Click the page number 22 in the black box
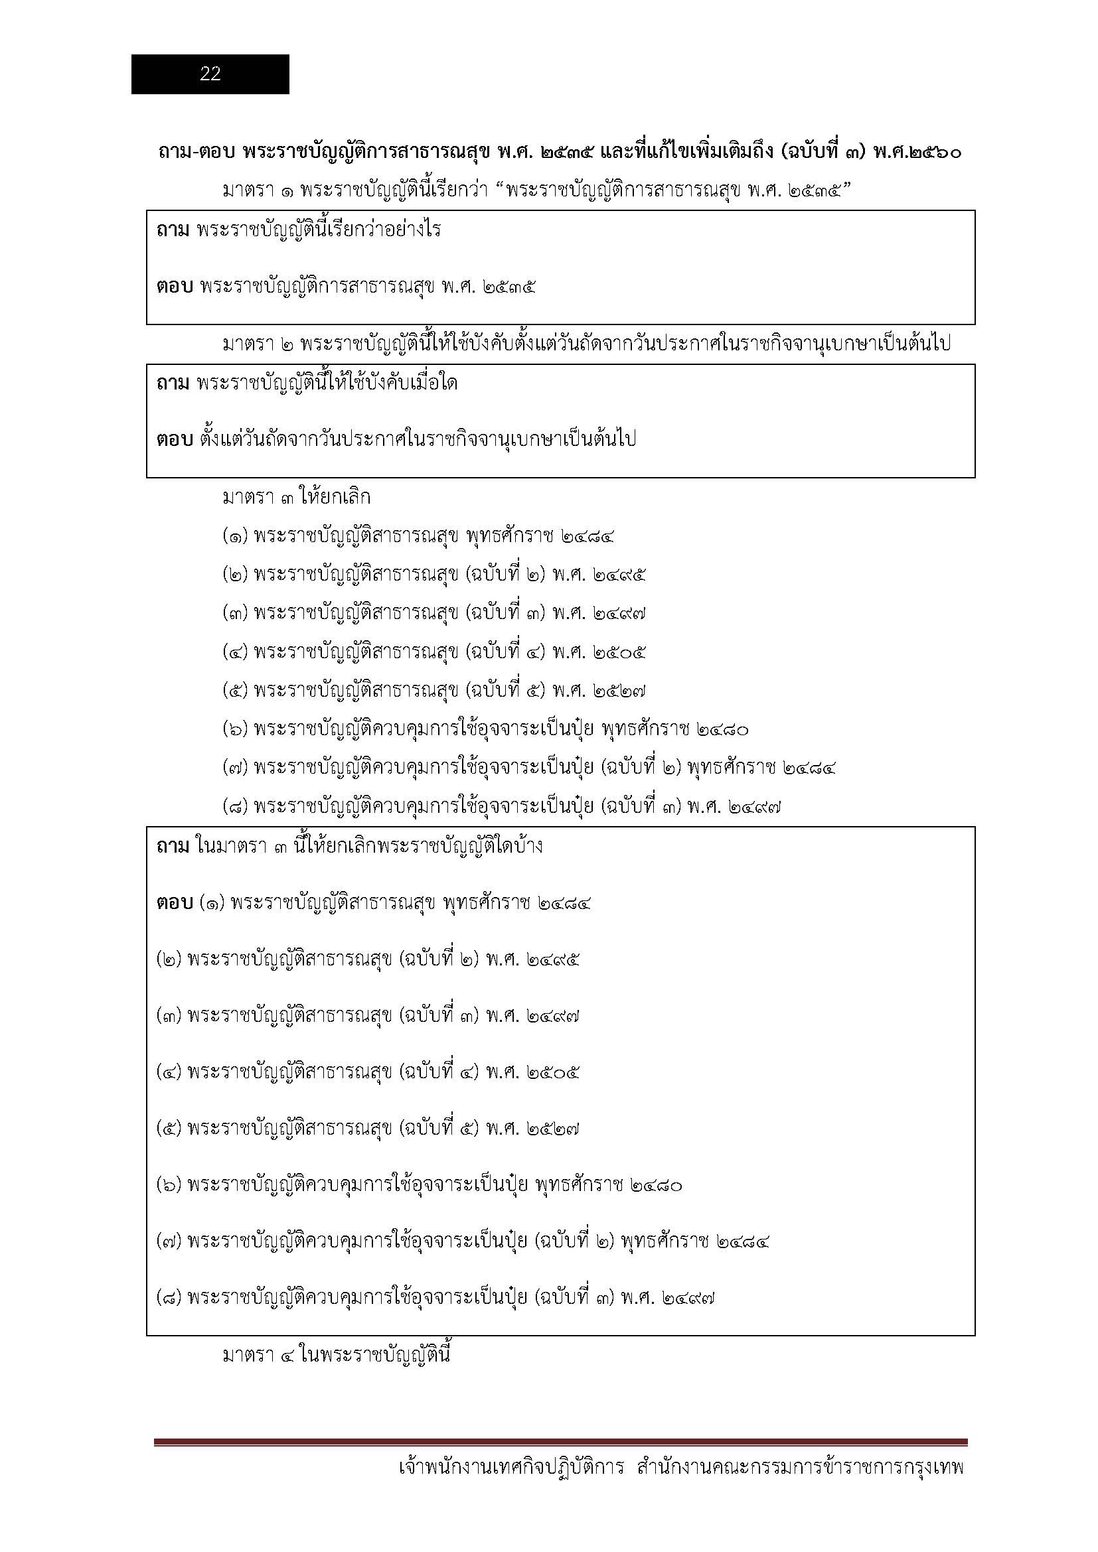click(210, 74)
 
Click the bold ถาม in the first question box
click(173, 230)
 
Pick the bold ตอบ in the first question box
click(175, 287)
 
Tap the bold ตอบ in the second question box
click(175, 440)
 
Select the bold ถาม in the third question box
click(173, 846)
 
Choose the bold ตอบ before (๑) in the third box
click(175, 903)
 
